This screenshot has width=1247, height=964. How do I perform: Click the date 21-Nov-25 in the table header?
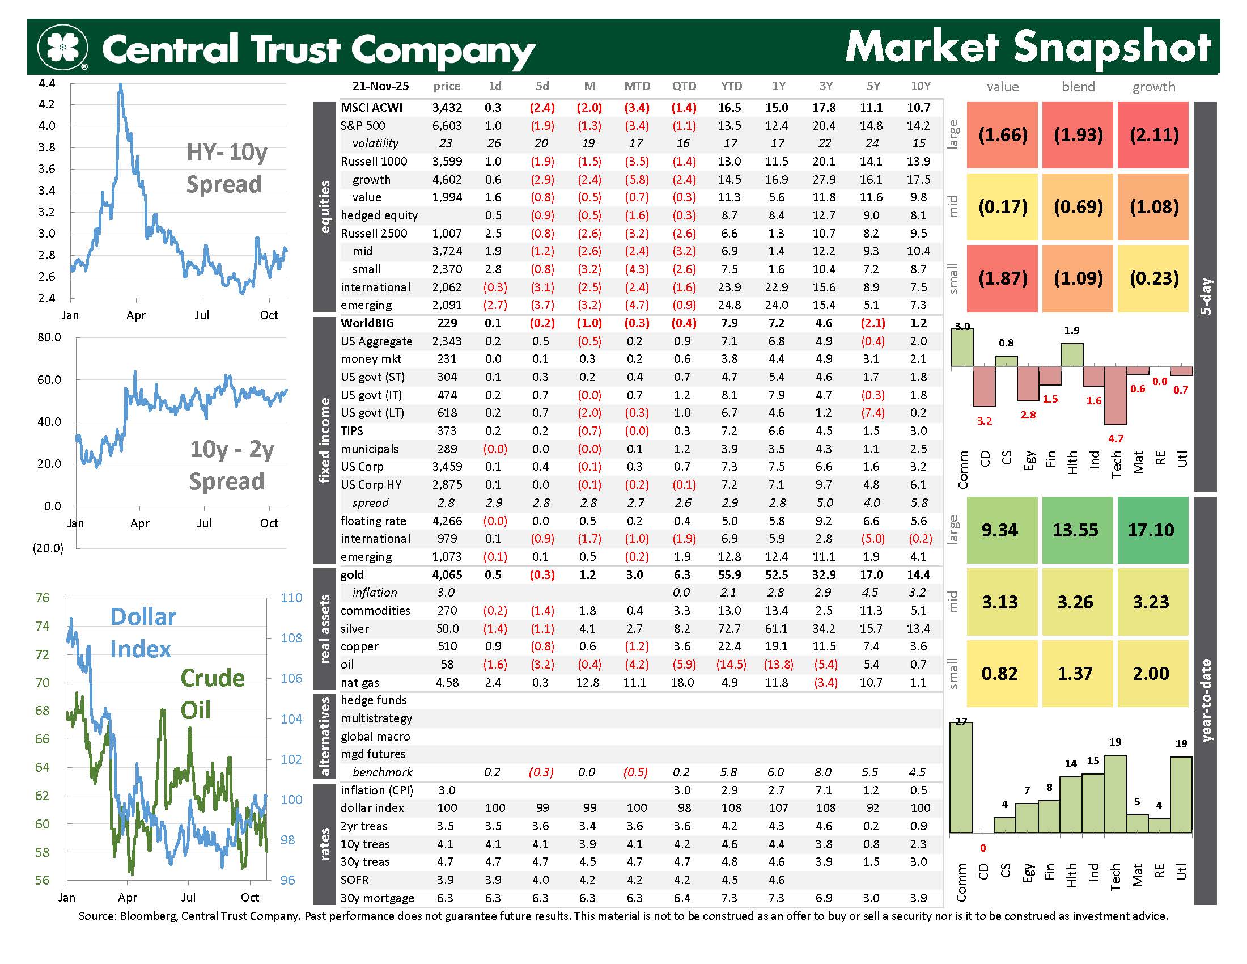tap(380, 86)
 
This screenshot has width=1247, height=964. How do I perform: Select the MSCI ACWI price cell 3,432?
tap(447, 107)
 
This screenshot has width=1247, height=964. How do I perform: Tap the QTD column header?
tap(684, 86)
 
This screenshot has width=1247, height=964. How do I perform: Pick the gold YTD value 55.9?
tap(729, 574)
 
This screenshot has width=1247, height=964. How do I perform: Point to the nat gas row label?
tap(360, 682)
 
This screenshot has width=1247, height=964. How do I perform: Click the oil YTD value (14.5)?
tap(731, 664)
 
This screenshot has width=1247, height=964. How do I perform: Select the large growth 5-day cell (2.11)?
tap(1153, 135)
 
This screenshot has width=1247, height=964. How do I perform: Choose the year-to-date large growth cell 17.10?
tap(1151, 530)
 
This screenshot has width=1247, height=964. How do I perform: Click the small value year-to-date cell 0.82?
tap(999, 673)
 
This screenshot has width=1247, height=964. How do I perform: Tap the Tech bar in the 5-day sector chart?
tap(1115, 395)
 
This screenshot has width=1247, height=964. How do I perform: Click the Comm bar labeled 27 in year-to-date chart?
tap(961, 777)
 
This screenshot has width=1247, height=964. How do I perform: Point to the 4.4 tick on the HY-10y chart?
tap(47, 83)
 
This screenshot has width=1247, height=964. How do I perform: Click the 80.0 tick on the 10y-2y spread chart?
tap(49, 337)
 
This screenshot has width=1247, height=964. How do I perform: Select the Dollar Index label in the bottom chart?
tap(142, 633)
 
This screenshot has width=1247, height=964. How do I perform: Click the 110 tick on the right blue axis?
tap(291, 598)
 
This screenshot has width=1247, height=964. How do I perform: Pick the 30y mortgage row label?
tap(377, 898)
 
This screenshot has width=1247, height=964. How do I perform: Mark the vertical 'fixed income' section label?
tap(324, 439)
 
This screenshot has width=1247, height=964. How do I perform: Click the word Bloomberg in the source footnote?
tap(147, 916)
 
